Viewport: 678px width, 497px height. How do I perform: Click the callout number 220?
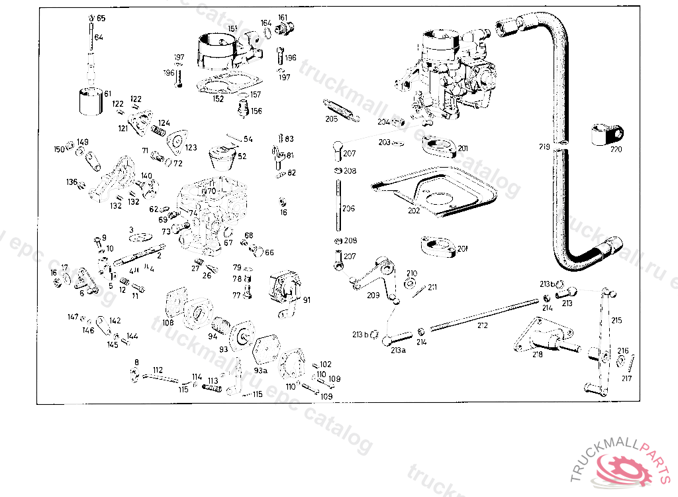616,150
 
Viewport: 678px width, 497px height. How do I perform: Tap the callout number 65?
101,18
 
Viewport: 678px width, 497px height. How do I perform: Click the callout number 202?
414,210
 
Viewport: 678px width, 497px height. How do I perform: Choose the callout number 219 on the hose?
544,147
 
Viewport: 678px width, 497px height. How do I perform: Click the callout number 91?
307,300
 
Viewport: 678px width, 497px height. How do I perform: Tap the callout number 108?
168,323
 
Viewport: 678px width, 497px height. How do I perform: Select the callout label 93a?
262,370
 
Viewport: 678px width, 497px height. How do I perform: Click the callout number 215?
616,320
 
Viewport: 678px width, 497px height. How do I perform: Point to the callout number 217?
626,378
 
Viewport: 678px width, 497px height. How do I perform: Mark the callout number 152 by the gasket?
218,99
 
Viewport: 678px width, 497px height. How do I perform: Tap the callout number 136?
72,182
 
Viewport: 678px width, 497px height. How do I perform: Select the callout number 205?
332,119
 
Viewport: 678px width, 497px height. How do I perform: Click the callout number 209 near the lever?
373,296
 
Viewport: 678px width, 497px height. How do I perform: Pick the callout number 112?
158,370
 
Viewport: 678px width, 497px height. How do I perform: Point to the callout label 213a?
397,350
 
